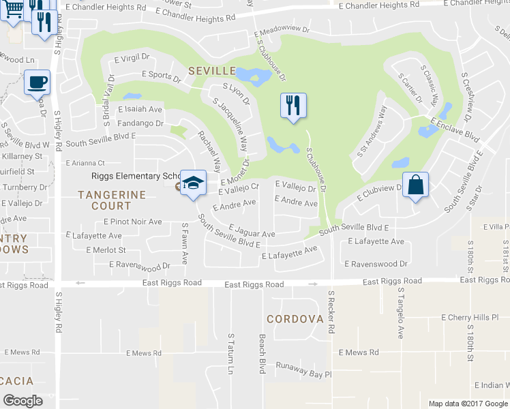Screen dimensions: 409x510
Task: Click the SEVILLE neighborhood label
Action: pyautogui.click(x=212, y=71)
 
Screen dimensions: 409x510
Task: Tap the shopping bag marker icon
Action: pyautogui.click(x=415, y=184)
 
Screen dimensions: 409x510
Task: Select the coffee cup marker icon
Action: pyautogui.click(x=37, y=82)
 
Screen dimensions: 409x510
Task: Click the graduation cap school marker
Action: pyautogui.click(x=194, y=183)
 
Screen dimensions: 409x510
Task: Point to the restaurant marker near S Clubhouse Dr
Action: pyautogui.click(x=293, y=105)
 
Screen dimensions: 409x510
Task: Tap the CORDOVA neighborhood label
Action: pyautogui.click(x=294, y=318)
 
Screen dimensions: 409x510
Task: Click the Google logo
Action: pyautogui.click(x=23, y=401)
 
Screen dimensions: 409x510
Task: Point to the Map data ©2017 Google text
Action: pyautogui.click(x=468, y=404)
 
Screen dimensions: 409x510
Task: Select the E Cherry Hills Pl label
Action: pyautogui.click(x=475, y=318)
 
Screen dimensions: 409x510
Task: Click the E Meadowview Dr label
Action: pyautogui.click(x=281, y=31)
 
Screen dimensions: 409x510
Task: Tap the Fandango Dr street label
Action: pyautogui.click(x=141, y=123)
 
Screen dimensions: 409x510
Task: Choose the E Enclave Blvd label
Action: pyautogui.click(x=455, y=127)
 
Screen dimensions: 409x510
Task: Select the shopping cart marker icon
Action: pyautogui.click(x=13, y=10)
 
